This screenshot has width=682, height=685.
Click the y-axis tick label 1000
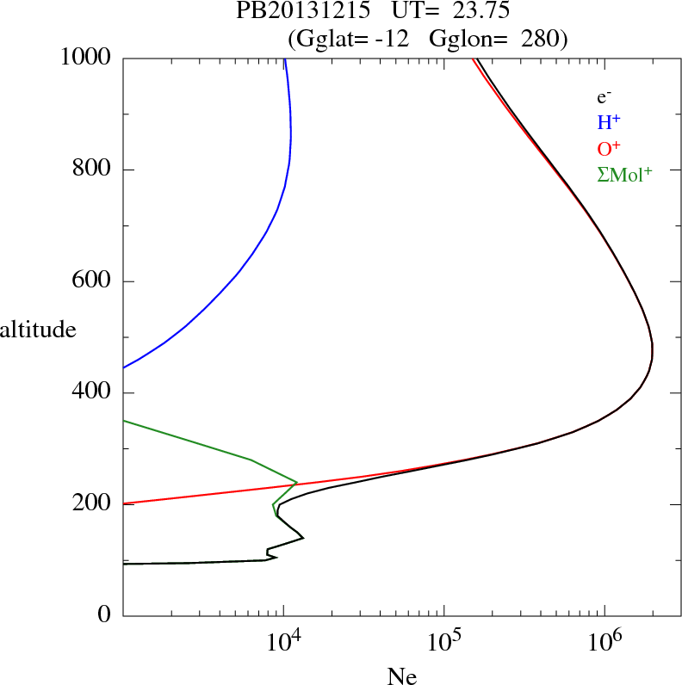click(x=86, y=58)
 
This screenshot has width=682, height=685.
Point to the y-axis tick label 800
click(x=92, y=170)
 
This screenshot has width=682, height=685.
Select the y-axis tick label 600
click(x=92, y=281)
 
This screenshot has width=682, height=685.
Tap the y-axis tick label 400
click(x=92, y=393)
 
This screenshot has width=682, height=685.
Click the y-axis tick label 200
click(x=92, y=504)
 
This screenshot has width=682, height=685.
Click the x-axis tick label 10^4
click(x=283, y=642)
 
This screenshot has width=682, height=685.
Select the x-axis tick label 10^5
click(x=443, y=642)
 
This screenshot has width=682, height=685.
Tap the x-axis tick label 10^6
click(x=604, y=642)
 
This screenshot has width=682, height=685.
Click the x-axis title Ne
click(x=401, y=676)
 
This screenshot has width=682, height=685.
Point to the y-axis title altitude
click(x=38, y=330)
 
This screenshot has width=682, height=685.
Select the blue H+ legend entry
click(x=609, y=123)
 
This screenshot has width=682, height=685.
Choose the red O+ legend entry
click(x=609, y=148)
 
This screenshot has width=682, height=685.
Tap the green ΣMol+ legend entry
click(x=624, y=174)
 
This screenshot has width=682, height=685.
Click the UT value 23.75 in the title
click(x=469, y=12)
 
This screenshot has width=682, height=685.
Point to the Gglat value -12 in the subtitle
click(x=392, y=39)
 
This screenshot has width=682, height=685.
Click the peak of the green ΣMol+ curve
click(x=297, y=482)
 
